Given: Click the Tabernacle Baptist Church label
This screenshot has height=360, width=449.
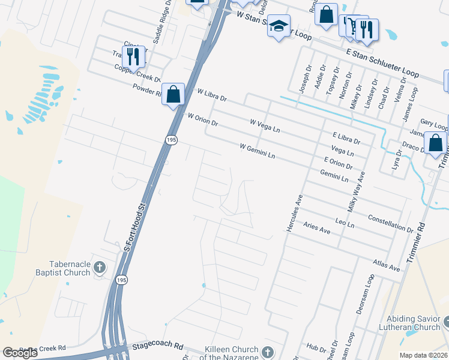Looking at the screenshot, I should pos(70,268).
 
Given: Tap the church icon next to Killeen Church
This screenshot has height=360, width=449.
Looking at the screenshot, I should pos(268,350).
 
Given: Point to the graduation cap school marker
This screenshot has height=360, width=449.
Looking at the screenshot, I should pos(279,26).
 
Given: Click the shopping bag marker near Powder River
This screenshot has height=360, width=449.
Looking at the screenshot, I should pos(173,94).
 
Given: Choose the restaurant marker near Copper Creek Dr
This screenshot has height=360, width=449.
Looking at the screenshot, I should pos(133,56).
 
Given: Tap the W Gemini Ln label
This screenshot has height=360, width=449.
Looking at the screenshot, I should pos(257,151).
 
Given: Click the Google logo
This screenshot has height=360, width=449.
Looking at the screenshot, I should pos(20,353).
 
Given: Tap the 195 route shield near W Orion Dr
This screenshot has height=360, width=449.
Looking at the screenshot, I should pos(172,139).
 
